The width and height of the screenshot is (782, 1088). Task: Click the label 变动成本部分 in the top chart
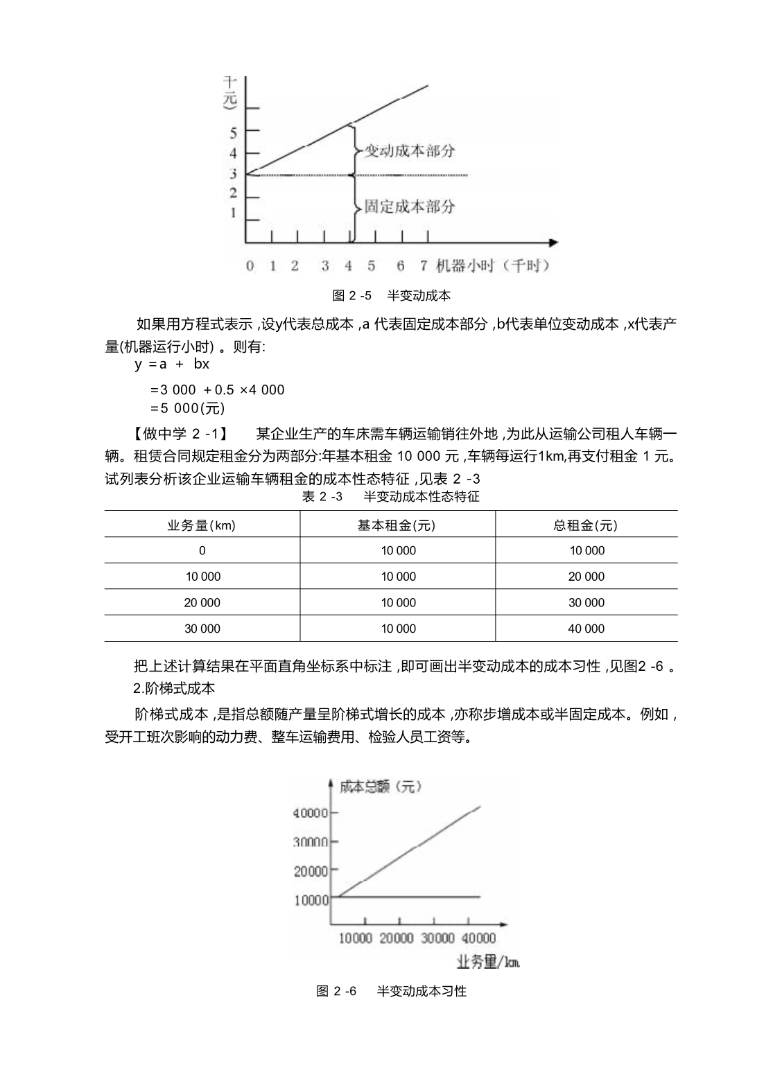tap(410, 150)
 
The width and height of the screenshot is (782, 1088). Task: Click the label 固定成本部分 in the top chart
tap(410, 206)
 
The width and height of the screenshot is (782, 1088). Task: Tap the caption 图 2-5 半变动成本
tap(391, 296)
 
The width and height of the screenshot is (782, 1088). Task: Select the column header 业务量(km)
tap(202, 525)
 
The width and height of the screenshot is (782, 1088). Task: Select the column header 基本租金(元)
tap(397, 525)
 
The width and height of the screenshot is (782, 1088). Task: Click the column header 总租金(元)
tap(586, 525)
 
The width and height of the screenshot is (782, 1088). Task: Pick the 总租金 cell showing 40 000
tap(586, 629)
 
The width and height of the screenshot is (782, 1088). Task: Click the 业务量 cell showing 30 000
tap(202, 629)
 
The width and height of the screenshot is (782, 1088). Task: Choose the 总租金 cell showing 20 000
tap(586, 577)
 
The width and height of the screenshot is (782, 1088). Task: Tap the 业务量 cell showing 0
tap(202, 551)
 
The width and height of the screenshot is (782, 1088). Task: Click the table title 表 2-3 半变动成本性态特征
tap(390, 497)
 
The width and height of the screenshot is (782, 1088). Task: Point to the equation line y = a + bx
tap(173, 364)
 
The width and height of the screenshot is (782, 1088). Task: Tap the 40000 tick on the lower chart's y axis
tap(311, 812)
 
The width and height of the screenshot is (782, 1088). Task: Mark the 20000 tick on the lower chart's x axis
tap(397, 938)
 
